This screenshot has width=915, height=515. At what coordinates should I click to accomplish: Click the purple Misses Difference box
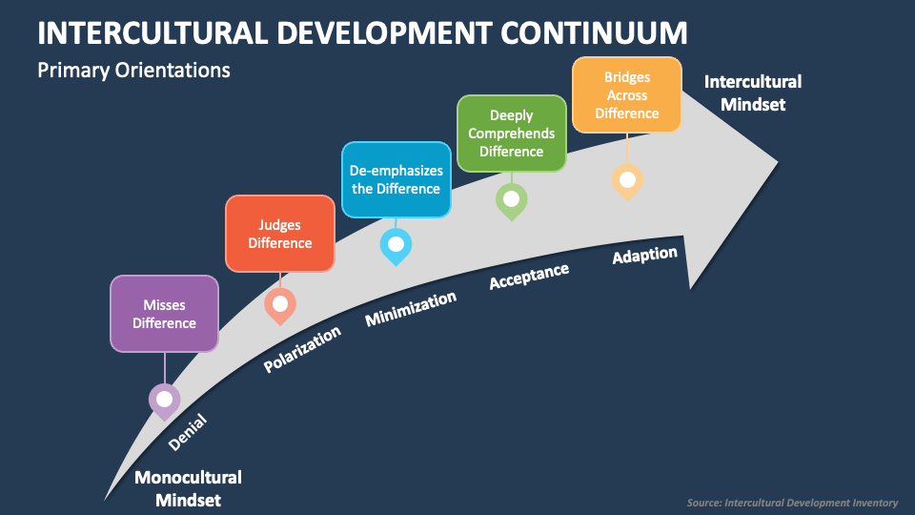(164, 314)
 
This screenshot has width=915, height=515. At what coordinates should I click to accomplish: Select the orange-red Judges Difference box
(279, 234)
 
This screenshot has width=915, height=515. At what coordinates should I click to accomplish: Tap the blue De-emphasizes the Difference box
(396, 179)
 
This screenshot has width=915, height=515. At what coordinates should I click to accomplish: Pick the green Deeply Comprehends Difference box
(511, 134)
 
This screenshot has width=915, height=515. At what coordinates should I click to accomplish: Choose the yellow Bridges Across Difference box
(626, 95)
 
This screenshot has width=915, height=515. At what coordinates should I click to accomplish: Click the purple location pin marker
(164, 400)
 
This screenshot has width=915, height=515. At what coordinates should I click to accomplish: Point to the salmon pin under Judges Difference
(279, 305)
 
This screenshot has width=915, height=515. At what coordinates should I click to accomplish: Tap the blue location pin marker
(396, 244)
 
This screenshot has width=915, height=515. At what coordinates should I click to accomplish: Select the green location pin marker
(511, 199)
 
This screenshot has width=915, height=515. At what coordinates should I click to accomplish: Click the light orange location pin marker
(626, 179)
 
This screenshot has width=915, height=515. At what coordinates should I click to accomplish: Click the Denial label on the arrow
(187, 433)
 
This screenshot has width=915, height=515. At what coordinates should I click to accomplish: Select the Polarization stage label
(302, 349)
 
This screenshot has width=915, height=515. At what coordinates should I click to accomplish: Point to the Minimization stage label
(411, 308)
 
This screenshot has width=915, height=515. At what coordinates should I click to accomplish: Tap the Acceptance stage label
(529, 277)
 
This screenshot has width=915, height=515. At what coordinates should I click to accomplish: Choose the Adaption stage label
(644, 256)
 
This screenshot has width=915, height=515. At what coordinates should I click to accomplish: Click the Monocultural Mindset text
(188, 487)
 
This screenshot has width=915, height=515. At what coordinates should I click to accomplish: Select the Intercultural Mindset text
(752, 93)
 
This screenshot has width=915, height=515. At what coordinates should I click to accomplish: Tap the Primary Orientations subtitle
(133, 71)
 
